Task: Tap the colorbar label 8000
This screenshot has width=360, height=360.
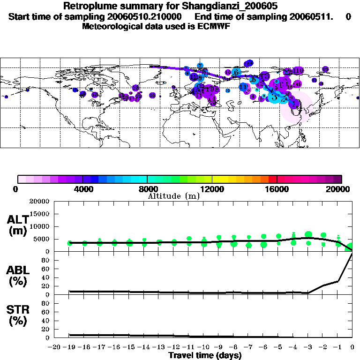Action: pos(147,189)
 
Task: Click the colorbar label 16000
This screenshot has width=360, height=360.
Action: pos(277,189)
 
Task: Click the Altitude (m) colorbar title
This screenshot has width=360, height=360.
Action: pos(173,196)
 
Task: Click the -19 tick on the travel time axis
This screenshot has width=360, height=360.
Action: pos(69,347)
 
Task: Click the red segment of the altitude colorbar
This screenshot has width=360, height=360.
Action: pos(272,179)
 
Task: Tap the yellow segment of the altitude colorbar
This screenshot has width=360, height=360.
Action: pos(224,179)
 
